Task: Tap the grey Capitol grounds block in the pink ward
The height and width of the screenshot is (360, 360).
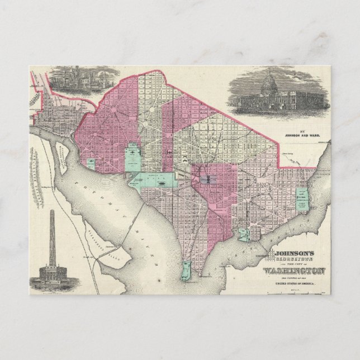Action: coord(207,179)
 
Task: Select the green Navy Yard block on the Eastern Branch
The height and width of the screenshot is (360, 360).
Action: coord(244,234)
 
